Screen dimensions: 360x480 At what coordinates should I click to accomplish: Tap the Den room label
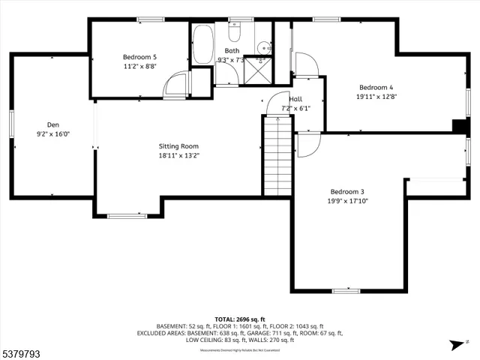pyautogui.click(x=52, y=125)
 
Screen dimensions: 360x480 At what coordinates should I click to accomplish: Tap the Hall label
pyautogui.click(x=295, y=99)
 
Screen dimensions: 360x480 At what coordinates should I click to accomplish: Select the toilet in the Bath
pyautogui.click(x=233, y=35)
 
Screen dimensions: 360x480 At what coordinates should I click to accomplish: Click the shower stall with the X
pyautogui.click(x=259, y=71)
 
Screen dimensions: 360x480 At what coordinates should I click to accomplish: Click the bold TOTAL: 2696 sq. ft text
pyautogui.click(x=239, y=319)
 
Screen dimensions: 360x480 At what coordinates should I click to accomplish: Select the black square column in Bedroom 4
pyautogui.click(x=458, y=127)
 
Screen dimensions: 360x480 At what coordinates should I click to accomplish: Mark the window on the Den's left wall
pyautogui.click(x=11, y=124)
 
